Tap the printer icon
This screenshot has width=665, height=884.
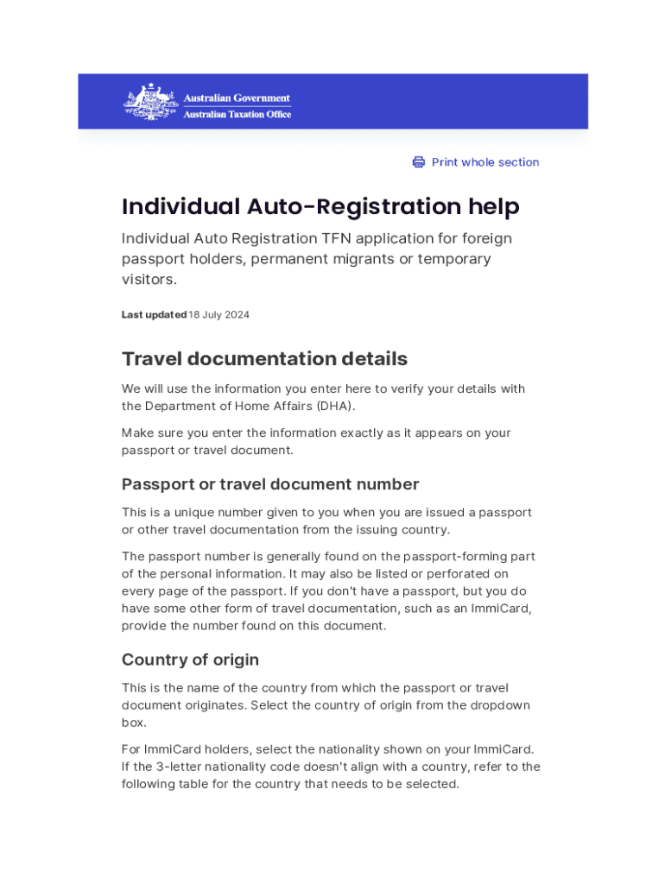click(x=419, y=162)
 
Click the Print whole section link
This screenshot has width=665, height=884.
click(x=484, y=162)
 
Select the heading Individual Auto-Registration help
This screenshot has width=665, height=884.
click(x=320, y=207)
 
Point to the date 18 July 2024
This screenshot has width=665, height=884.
click(x=218, y=315)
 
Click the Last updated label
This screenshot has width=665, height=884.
click(x=154, y=315)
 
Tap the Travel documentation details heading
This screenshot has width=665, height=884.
click(x=264, y=358)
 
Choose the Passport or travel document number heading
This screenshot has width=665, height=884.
click(x=270, y=484)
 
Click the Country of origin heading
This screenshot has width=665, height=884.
click(x=190, y=660)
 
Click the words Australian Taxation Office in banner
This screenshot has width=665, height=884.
click(x=237, y=114)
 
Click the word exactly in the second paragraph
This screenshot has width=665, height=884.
click(x=317, y=433)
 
